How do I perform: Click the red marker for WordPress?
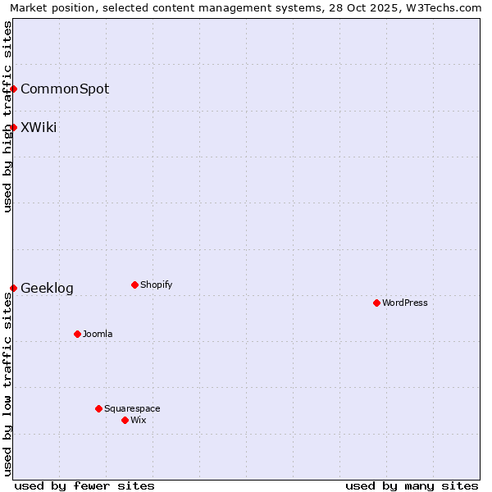pos(376,303)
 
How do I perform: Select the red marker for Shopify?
pos(134,285)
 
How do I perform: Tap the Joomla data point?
pos(77,334)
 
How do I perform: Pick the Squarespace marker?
pos(98,408)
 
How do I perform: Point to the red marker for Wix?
pos(125,420)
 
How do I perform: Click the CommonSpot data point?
pos(14,89)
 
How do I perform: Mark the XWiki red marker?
pos(14,127)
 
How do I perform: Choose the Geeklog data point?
pos(14,288)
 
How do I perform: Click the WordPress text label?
pos(405,303)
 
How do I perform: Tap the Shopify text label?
pos(157,285)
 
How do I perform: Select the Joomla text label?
pos(98,334)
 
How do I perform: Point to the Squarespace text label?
pos(132,408)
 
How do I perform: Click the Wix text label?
pos(139,420)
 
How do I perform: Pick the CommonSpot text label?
pos(65,89)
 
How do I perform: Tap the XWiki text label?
pos(39,127)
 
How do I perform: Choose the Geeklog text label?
pos(47,288)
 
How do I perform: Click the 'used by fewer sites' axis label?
pos(84,485)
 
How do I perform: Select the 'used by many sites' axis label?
pos(412,485)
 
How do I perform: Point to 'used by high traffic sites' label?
pos(8,116)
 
